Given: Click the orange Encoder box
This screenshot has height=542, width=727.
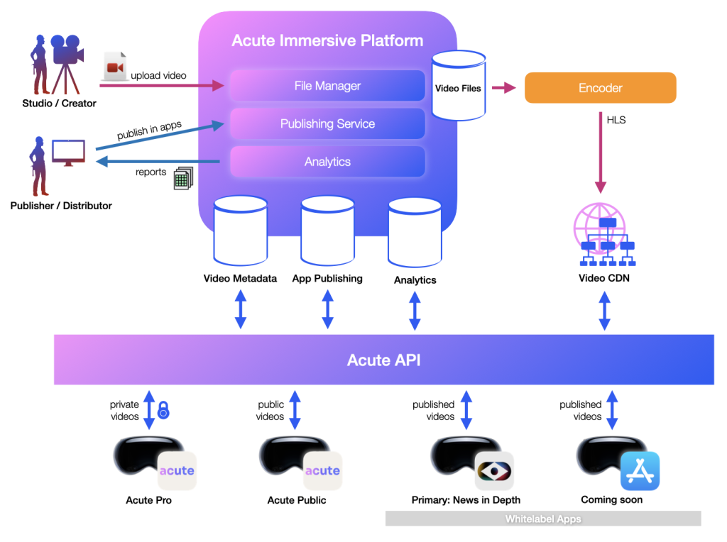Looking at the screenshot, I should pyautogui.click(x=600, y=88).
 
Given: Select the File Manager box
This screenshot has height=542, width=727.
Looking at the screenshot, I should pyautogui.click(x=327, y=86).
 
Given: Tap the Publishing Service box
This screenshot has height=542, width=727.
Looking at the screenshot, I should pyautogui.click(x=327, y=123).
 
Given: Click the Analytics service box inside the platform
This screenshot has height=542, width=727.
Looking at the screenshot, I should pyautogui.click(x=327, y=162).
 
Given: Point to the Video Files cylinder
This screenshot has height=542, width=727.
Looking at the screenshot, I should pyautogui.click(x=457, y=85).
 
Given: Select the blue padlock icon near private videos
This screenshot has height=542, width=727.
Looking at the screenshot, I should pyautogui.click(x=163, y=410).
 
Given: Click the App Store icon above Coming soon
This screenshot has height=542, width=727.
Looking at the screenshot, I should pyautogui.click(x=640, y=471).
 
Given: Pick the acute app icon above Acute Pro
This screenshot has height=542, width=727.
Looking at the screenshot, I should pyautogui.click(x=177, y=471).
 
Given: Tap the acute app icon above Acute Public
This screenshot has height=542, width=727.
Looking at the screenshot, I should pyautogui.click(x=322, y=471).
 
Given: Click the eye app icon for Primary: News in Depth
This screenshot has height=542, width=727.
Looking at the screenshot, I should pyautogui.click(x=494, y=471).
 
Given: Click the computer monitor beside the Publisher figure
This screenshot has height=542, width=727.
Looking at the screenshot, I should pyautogui.click(x=68, y=152).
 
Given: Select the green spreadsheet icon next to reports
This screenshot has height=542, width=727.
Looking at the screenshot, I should pyautogui.click(x=183, y=178).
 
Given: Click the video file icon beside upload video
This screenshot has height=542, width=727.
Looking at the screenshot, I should pyautogui.click(x=114, y=67).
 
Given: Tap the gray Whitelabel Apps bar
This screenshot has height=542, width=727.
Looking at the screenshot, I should pyautogui.click(x=543, y=519).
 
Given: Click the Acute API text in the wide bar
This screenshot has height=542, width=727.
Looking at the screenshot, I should pyautogui.click(x=383, y=360).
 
